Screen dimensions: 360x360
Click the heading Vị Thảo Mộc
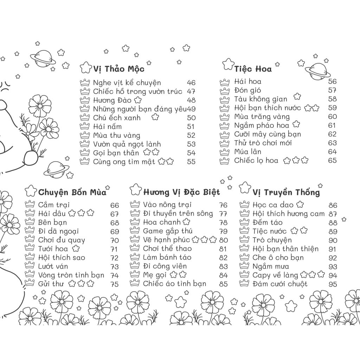point(119,69)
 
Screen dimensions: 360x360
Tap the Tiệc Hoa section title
point(253,69)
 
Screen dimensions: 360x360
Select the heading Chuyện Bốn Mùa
point(72,192)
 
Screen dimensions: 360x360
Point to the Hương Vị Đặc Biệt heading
point(181,192)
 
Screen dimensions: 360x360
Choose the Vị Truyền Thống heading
point(286,192)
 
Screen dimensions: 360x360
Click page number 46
point(191,83)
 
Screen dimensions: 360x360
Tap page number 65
point(332,160)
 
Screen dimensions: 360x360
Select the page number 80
point(223,240)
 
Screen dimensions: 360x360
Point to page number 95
point(333,284)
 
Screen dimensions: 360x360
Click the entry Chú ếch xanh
point(117,117)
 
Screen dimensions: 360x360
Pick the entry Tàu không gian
point(261,99)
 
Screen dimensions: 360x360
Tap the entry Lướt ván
point(53,266)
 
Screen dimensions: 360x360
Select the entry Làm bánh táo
point(167,257)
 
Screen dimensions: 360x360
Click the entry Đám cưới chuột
point(280,284)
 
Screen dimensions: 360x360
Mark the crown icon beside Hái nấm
point(85,126)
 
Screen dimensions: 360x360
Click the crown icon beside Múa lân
point(224,152)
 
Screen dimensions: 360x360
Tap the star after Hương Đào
point(138,100)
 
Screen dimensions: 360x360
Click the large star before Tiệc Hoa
point(228,64)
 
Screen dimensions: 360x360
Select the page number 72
point(115,258)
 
